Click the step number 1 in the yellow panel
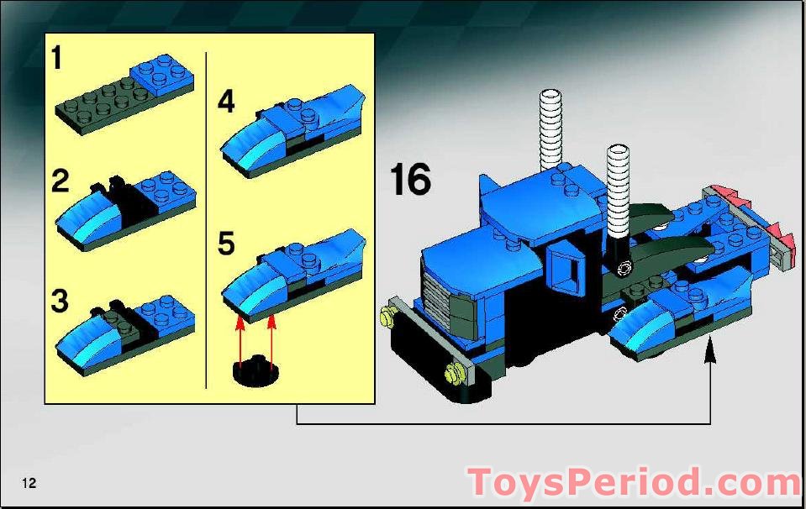pos(57,57)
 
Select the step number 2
pos(61,181)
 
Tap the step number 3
pos(60,301)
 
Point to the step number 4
pos(227,101)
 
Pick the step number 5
pos(227,243)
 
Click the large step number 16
pos(410,179)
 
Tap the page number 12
pos(29,483)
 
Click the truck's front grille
pos(437,298)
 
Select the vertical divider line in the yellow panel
pos(206,220)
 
